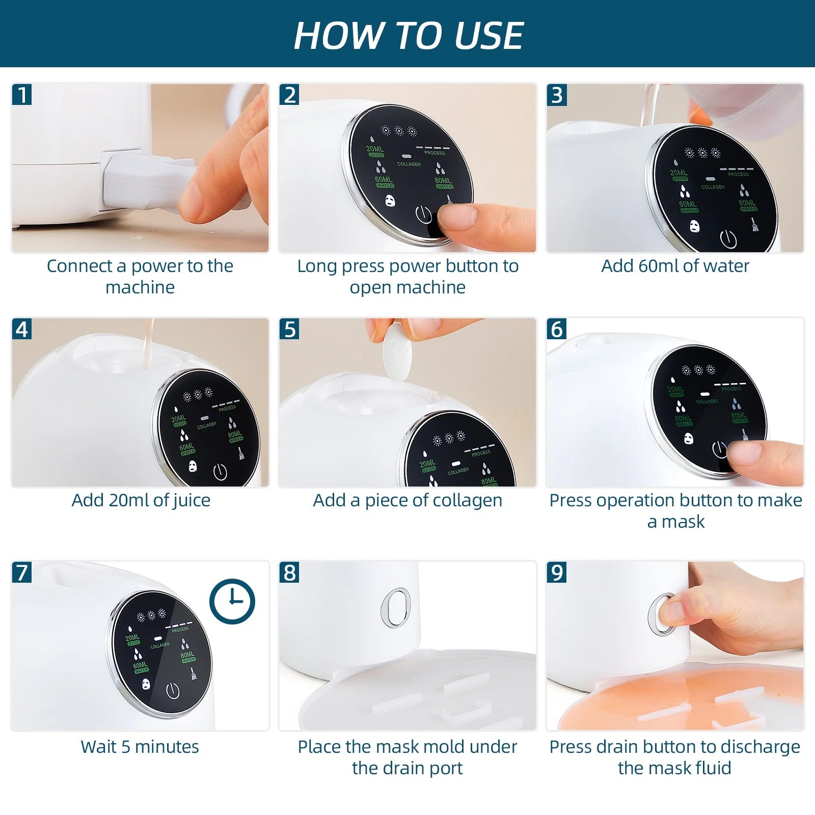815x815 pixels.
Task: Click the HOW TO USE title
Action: [408, 36]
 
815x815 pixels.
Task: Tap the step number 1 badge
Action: [22, 95]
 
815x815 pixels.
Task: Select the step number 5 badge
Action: [289, 329]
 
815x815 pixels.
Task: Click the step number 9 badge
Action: [557, 573]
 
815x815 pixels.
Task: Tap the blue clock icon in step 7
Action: [232, 601]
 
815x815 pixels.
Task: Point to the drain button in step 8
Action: [395, 607]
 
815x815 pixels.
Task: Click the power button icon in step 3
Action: [728, 238]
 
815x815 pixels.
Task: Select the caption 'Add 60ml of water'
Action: [675, 266]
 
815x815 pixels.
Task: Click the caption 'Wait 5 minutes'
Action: [140, 747]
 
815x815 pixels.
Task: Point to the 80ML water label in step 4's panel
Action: [235, 436]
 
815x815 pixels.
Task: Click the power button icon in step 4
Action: [220, 472]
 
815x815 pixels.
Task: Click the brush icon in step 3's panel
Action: [754, 224]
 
